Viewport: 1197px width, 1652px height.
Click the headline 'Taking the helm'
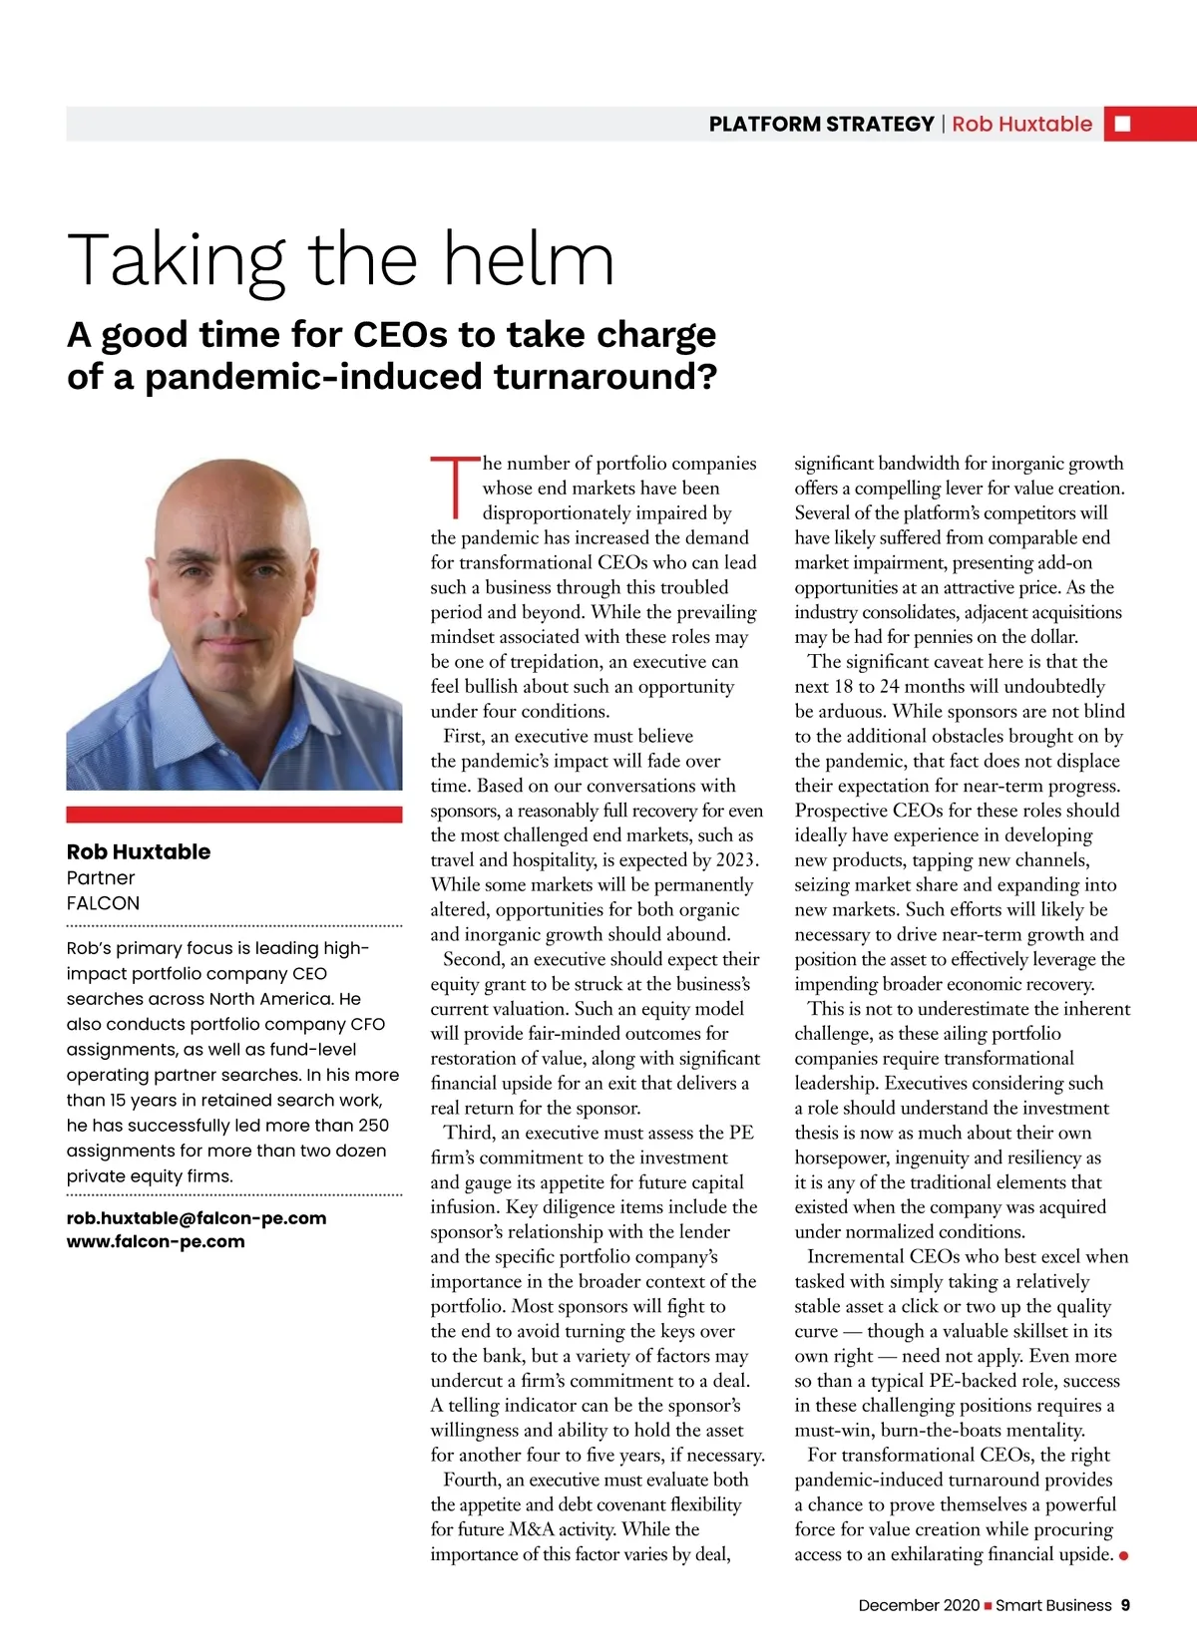340,260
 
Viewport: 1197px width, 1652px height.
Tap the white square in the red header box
1122,124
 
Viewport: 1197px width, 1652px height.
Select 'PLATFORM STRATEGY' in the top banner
821,124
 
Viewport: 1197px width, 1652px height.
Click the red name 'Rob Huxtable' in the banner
1021,124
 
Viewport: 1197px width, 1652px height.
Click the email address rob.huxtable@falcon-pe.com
197,1217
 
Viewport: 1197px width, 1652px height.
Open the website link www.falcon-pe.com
156,1241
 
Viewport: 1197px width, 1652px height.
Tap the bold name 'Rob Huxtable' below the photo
139,851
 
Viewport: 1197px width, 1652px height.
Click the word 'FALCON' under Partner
103,902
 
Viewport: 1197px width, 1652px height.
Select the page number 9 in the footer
1125,1605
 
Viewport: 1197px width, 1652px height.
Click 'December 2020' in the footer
919,1605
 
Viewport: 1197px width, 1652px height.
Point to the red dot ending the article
1124,1555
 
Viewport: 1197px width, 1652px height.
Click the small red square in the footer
988,1605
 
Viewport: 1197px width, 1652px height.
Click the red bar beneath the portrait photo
234,815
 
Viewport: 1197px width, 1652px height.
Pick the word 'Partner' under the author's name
100,877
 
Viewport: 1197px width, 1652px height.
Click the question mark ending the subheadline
706,378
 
